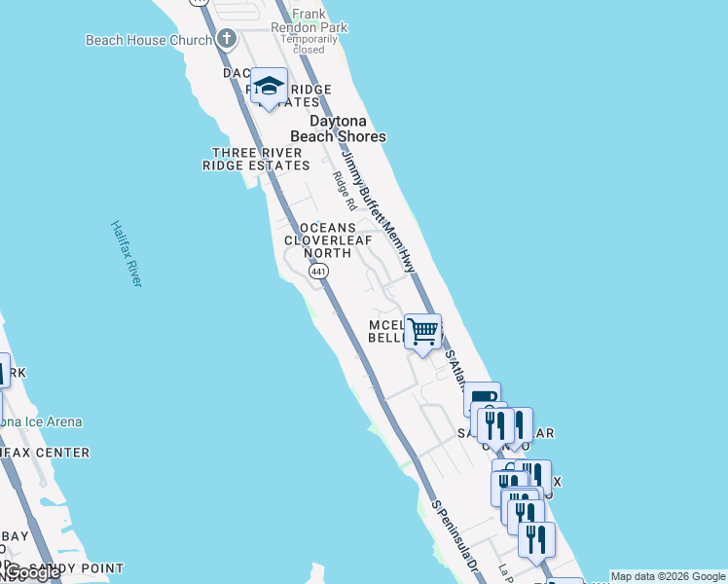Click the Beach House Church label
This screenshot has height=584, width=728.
[x=148, y=40]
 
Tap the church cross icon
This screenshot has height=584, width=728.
[x=227, y=40]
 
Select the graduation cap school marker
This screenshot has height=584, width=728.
[x=269, y=85]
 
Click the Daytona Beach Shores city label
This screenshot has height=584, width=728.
[x=347, y=128]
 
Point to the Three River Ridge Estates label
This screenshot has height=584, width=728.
[x=255, y=159]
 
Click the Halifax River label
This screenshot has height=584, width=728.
[x=126, y=252]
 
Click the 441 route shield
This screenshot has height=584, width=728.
[x=318, y=273]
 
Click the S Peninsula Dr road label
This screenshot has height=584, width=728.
[x=455, y=534]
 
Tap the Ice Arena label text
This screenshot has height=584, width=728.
[x=44, y=422]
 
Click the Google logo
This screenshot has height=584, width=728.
[x=32, y=572]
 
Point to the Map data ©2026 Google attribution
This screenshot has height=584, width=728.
[x=668, y=576]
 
